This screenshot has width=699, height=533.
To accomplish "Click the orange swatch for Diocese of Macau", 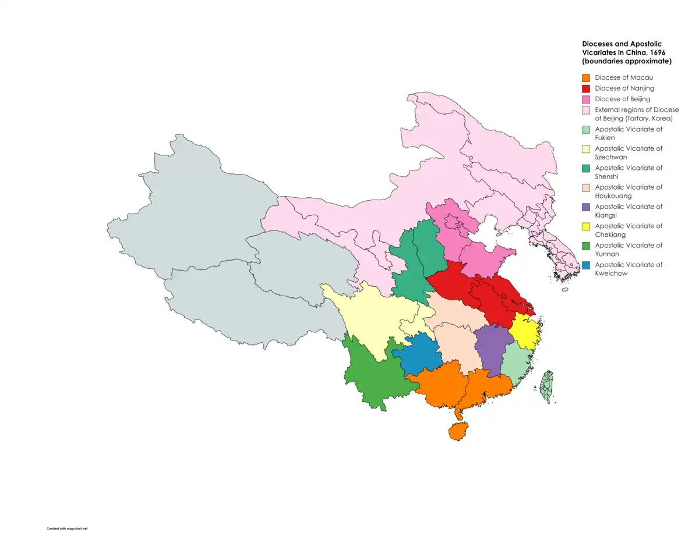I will pos(586,77).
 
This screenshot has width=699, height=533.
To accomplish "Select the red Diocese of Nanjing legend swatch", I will pos(586,88).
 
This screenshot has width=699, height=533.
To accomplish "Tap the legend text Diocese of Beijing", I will pos(622,99).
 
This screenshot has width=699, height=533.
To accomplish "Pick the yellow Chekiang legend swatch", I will pos(586,226).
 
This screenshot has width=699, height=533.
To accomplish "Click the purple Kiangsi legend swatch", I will pos(586,207).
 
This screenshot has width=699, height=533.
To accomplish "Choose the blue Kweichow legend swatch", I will pos(586,265).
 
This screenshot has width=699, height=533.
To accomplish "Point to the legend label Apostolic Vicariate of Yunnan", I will pos(628,250).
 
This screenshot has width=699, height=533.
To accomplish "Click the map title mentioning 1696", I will pos(627,52).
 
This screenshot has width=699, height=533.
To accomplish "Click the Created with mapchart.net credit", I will pos(66,528).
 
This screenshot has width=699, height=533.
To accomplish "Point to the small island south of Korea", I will pos(564,289).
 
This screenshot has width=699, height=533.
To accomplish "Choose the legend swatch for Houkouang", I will pos(586,187).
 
